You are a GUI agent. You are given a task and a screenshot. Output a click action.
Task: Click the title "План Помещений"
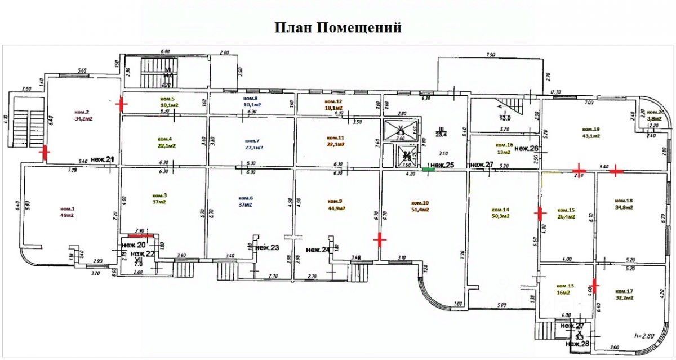(x=338, y=27)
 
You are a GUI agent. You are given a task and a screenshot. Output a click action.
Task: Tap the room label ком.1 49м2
(x=68, y=211)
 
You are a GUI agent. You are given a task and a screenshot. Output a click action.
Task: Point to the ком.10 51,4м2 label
(x=420, y=206)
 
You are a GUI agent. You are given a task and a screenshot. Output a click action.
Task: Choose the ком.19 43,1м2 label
(x=591, y=132)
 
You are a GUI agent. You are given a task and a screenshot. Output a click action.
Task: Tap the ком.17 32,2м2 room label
(x=625, y=294)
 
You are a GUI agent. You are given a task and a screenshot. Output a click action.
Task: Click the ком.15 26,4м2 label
(x=566, y=212)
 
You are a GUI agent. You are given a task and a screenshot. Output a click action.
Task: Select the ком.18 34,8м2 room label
(x=623, y=204)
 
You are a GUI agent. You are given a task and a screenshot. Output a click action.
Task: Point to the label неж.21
(x=103, y=160)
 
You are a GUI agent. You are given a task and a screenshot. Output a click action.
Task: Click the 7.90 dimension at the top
(x=490, y=55)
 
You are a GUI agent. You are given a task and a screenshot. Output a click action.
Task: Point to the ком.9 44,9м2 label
(x=335, y=204)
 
